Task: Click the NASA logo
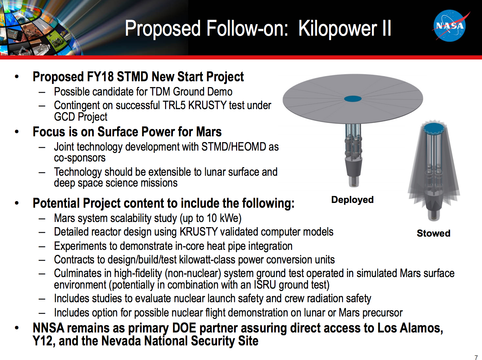450,26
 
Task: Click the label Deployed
352,200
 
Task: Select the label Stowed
433,233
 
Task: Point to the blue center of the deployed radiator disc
353,99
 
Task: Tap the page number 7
476,357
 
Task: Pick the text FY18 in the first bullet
100,77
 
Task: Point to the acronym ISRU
265,285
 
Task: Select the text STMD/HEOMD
234,147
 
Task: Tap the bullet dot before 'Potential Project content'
17,203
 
